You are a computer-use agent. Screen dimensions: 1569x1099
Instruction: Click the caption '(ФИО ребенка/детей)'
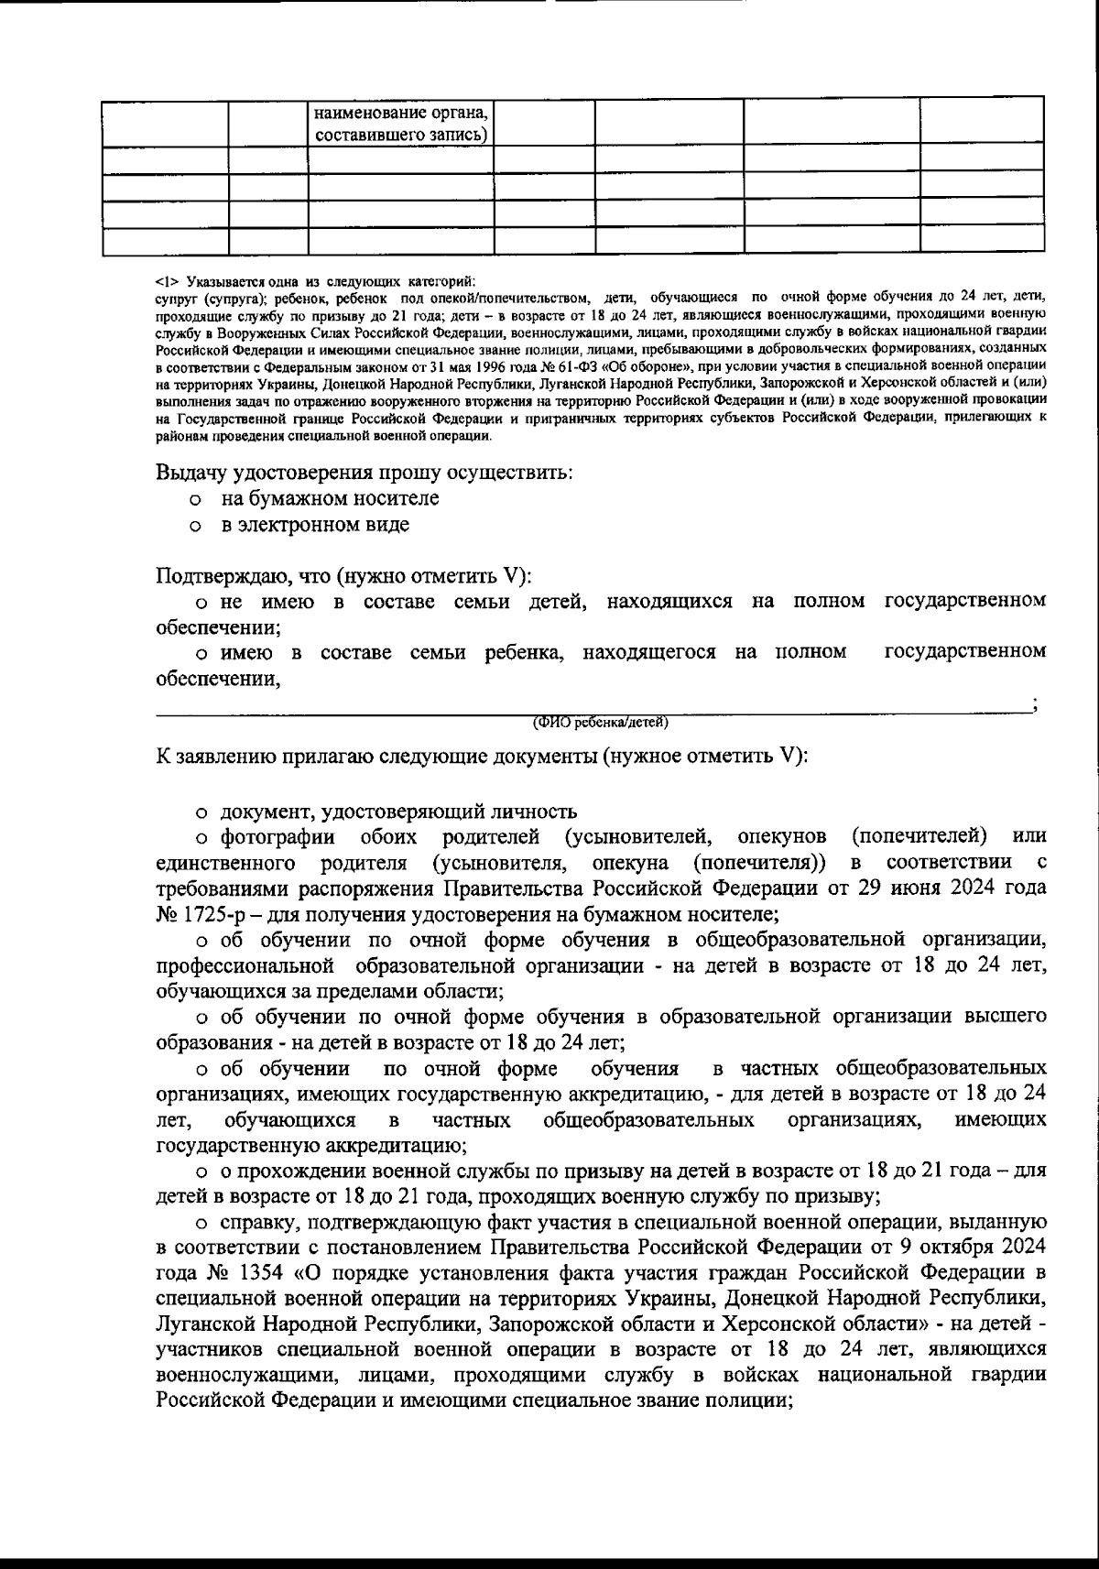[x=601, y=724]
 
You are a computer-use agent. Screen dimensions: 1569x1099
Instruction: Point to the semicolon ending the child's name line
[x=1034, y=705]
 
